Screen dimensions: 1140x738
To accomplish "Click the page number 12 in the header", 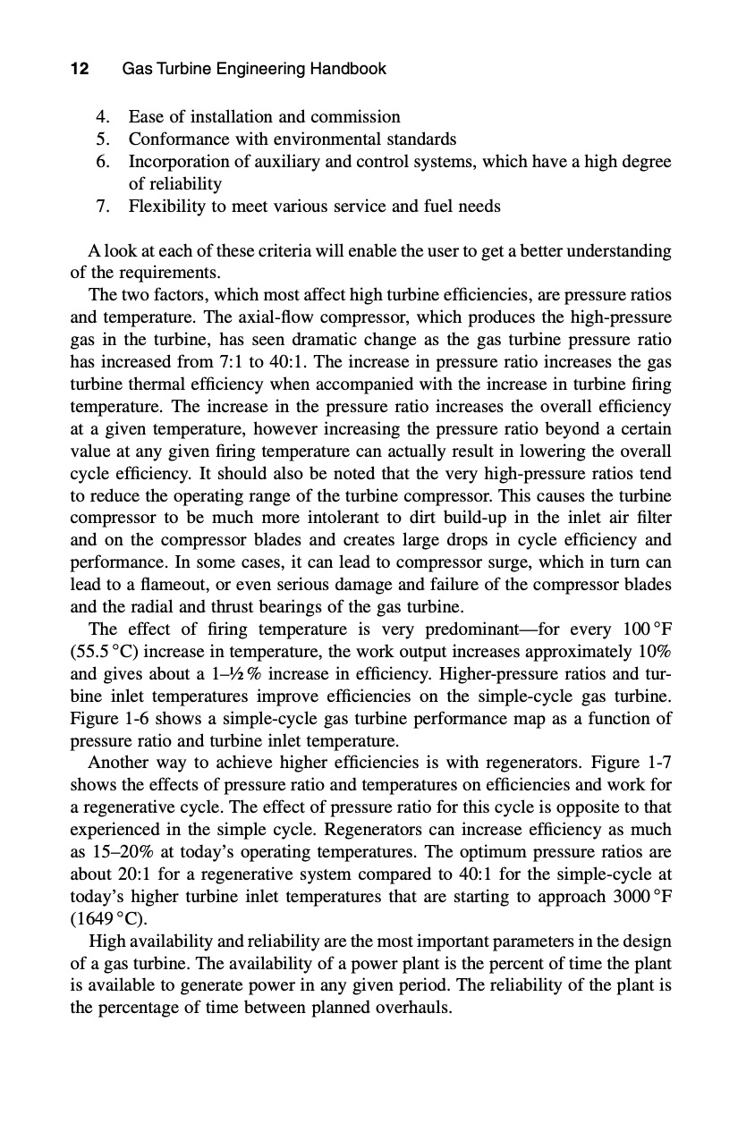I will click(79, 69).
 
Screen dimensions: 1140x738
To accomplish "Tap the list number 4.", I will click(103, 117).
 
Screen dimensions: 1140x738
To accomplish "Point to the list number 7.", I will click(103, 207).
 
